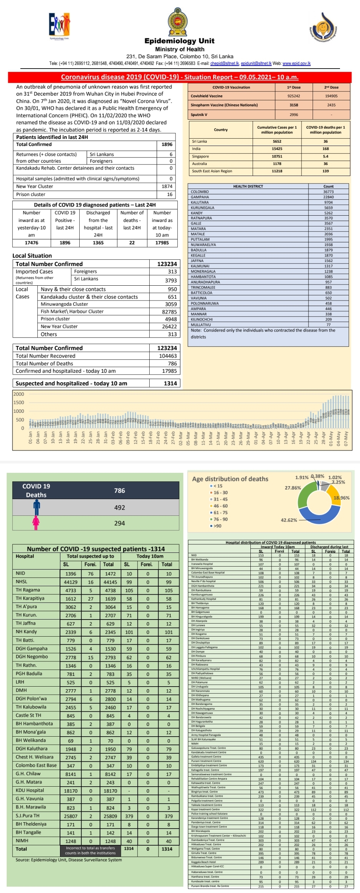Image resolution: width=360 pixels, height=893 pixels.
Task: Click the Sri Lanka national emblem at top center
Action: click(x=180, y=22)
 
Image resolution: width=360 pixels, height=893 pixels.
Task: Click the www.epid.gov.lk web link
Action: click(x=296, y=63)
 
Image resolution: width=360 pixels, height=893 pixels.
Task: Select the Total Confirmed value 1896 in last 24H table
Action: click(x=167, y=145)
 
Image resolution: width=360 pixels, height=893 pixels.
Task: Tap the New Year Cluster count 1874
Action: click(x=167, y=186)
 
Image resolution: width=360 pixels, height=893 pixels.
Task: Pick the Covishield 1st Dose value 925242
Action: click(x=293, y=96)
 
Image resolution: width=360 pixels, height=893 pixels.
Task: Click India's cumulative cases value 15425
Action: click(x=277, y=149)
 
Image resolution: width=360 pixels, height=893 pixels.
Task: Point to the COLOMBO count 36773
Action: click(x=328, y=192)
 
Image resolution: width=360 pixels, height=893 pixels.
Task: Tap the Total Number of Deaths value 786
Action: click(x=172, y=364)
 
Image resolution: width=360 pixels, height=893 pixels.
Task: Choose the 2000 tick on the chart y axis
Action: click(x=19, y=394)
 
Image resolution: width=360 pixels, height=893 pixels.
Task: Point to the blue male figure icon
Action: click(x=36, y=507)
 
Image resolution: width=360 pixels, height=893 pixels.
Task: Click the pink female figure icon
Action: click(x=36, y=523)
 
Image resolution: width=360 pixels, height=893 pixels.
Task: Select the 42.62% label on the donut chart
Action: click(x=289, y=520)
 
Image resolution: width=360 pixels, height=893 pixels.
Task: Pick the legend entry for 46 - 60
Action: click(x=220, y=506)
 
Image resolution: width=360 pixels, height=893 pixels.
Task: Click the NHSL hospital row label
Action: click(x=21, y=582)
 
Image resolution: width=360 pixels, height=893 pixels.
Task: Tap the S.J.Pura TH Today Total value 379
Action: click(x=169, y=816)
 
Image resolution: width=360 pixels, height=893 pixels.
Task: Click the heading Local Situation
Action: click(x=32, y=256)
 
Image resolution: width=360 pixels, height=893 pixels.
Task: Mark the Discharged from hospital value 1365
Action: click(x=98, y=243)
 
